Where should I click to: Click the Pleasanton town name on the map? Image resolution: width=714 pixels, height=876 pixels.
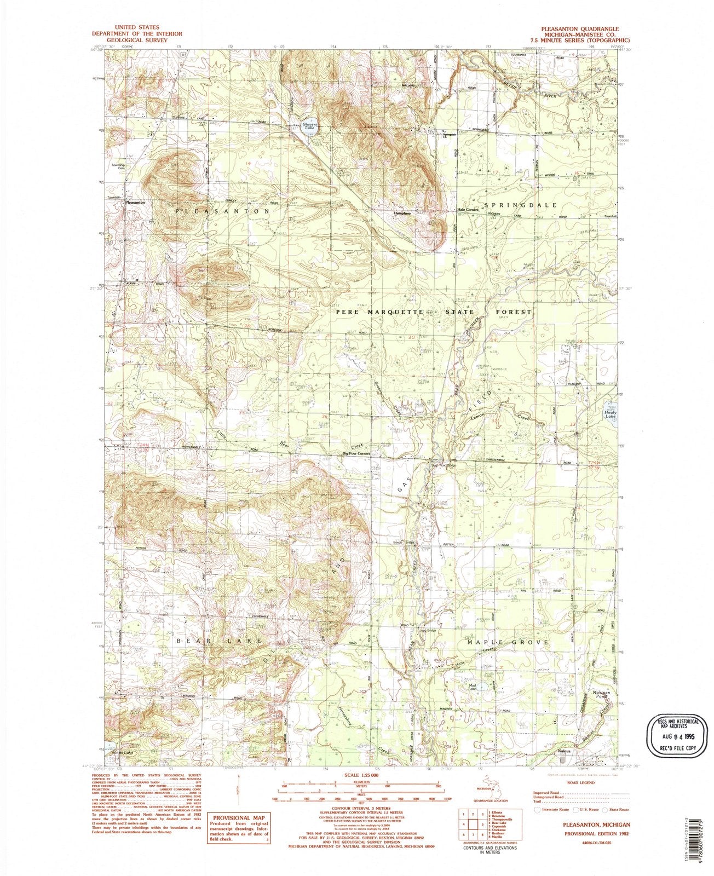point(135,203)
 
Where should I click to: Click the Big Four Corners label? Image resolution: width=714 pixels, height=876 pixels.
point(357,454)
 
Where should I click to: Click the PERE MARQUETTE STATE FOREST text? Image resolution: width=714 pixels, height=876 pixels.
point(434,312)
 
